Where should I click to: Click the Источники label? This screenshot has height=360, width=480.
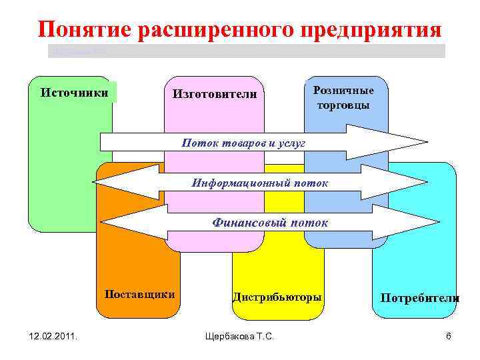point(74,92)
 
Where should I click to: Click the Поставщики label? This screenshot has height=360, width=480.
point(140,294)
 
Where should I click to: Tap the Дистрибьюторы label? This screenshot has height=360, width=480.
point(277,297)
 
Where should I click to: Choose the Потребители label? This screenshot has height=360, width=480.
point(419,297)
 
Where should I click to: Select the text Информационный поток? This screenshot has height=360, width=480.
point(260,183)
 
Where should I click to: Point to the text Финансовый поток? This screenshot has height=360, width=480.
point(270,221)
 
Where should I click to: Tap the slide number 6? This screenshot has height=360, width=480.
point(448,337)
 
